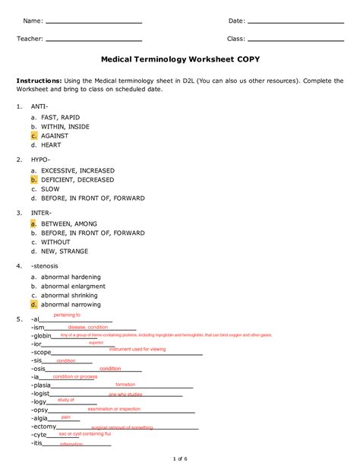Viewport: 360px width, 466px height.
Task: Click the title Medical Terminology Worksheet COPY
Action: (179, 59)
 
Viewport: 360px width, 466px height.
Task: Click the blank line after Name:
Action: (93, 22)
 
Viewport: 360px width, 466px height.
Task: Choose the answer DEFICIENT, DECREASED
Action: (77, 180)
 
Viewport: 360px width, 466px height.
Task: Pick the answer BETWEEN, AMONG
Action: (70, 224)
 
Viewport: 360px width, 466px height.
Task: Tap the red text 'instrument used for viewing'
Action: (137, 350)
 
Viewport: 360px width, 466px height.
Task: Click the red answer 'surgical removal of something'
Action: (122, 428)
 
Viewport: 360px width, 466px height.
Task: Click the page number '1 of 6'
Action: (180, 458)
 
